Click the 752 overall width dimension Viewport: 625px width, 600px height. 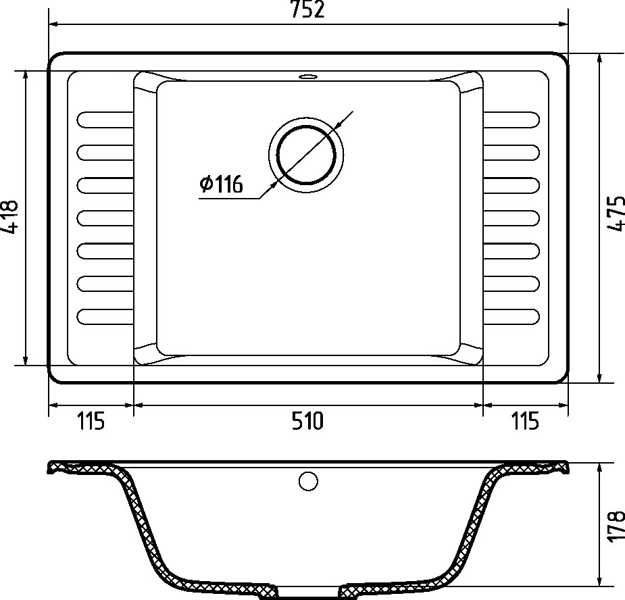point(307,9)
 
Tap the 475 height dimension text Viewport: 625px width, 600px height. point(616,213)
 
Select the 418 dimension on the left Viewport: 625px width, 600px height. point(9,216)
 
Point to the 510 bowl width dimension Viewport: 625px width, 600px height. point(307,421)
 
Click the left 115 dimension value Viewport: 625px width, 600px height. point(91,421)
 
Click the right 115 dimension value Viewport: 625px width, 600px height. point(525,421)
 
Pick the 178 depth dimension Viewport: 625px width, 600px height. point(616,526)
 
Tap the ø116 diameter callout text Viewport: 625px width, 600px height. point(221,184)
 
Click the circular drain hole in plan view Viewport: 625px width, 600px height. point(306,155)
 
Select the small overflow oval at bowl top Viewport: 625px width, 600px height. point(307,76)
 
